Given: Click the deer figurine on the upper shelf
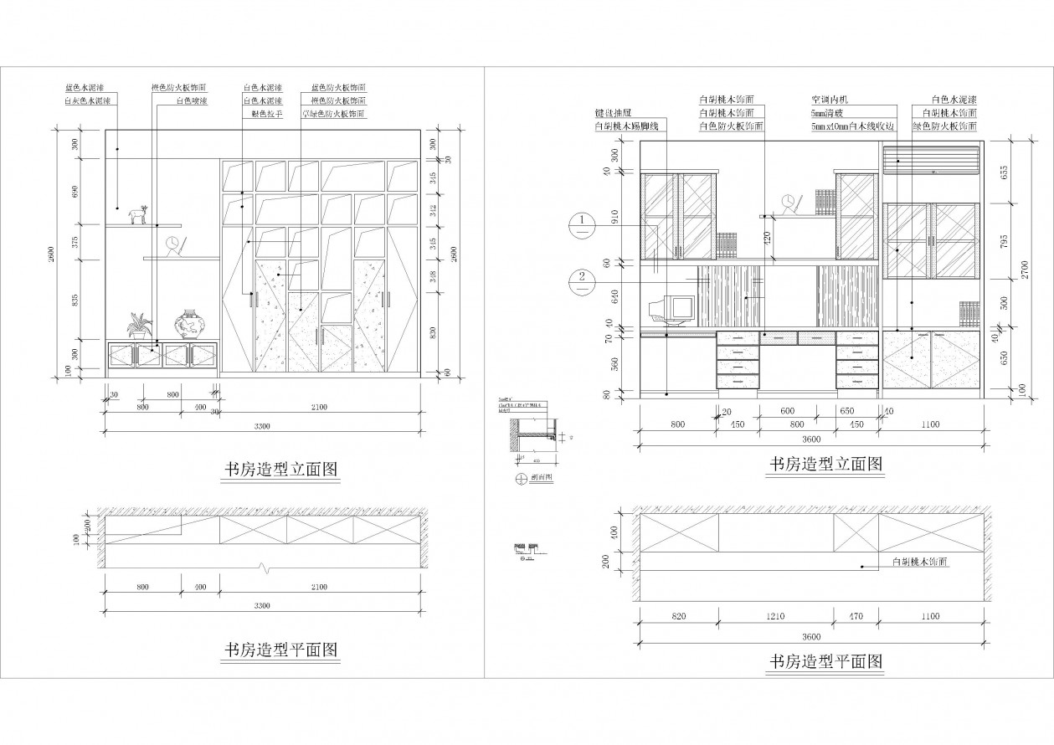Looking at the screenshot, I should pyautogui.click(x=137, y=215).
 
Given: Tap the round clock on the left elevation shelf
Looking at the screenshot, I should pyautogui.click(x=172, y=244).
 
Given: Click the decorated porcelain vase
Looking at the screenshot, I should pyautogui.click(x=189, y=324).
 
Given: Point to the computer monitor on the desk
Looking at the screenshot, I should pyautogui.click(x=676, y=308).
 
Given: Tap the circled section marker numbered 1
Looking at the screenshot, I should pyautogui.click(x=582, y=222).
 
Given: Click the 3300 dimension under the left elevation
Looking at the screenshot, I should pyautogui.click(x=262, y=426).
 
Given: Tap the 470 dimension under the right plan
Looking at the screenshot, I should pyautogui.click(x=856, y=617).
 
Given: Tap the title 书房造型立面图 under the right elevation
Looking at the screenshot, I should pyautogui.click(x=826, y=463).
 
